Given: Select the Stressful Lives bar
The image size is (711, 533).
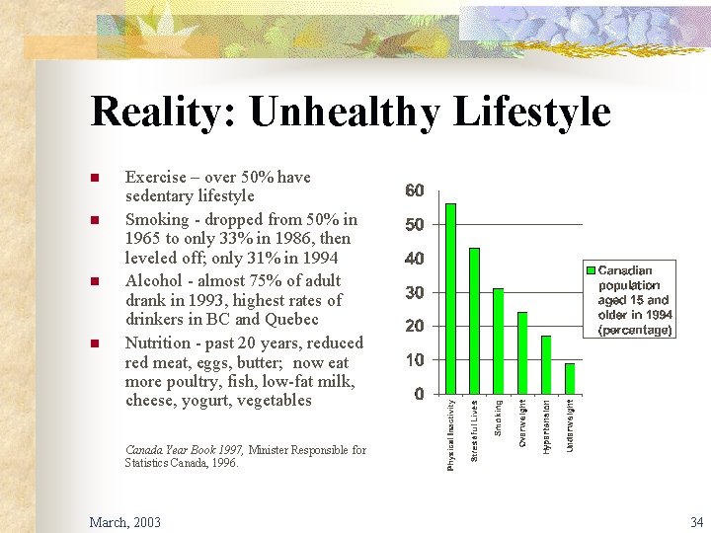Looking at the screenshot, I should [x=474, y=320].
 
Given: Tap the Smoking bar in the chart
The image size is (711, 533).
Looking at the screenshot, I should [x=498, y=341].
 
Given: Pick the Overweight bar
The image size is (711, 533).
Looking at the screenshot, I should [x=522, y=352].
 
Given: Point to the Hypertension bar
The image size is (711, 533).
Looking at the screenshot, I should [x=546, y=364].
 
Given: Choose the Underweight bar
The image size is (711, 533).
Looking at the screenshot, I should [x=570, y=378].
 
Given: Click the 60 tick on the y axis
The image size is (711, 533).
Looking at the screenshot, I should [x=415, y=190].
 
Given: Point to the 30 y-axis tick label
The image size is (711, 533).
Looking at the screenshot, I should [x=415, y=293].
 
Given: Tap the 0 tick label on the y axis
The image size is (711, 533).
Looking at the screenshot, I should [x=420, y=395].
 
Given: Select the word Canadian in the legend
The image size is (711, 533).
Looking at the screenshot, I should [x=625, y=269].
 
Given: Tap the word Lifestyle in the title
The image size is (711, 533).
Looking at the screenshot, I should [x=531, y=112].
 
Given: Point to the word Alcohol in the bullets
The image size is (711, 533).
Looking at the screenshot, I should [x=153, y=280].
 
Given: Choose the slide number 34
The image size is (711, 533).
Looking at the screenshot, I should [x=696, y=521].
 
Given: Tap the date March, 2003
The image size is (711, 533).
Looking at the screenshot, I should [x=124, y=521].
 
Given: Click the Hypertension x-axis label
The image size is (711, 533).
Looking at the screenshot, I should [x=546, y=425].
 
